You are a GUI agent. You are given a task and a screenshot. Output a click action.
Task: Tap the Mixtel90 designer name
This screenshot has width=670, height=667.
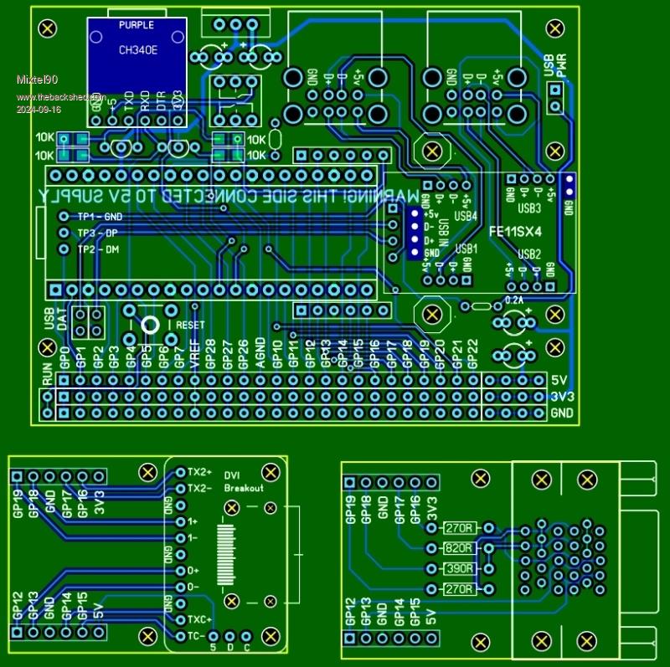(36, 80)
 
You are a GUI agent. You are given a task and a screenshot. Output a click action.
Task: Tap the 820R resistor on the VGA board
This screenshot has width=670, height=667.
(458, 548)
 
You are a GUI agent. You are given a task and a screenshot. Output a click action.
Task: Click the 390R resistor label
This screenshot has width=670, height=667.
(458, 568)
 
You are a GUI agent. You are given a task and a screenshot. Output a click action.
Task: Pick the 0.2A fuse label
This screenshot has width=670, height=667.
(514, 299)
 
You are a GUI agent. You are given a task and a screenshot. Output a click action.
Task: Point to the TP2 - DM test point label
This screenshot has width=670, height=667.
(100, 250)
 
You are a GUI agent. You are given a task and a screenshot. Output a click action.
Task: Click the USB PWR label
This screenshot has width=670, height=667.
(555, 76)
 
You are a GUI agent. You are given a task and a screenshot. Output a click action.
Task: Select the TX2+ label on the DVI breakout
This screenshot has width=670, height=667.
(200, 471)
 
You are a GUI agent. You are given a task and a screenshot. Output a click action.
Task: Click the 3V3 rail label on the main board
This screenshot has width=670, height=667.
(562, 397)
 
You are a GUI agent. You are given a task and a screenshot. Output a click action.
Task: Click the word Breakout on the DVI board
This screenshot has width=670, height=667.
(245, 488)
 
